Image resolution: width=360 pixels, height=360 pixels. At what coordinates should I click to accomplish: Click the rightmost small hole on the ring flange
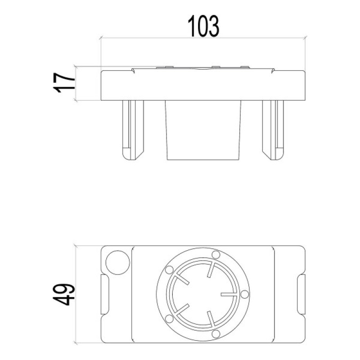[x=244, y=294]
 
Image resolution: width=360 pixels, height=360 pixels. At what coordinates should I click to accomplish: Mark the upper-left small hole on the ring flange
[x=169, y=270]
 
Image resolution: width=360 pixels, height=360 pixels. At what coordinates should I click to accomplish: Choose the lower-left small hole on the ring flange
[x=169, y=319]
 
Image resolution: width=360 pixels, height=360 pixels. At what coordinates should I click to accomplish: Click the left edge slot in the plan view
[x=104, y=294]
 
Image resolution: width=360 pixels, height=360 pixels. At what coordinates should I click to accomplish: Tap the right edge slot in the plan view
[x=301, y=294]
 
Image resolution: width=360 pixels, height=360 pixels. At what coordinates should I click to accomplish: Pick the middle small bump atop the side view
[x=215, y=67]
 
